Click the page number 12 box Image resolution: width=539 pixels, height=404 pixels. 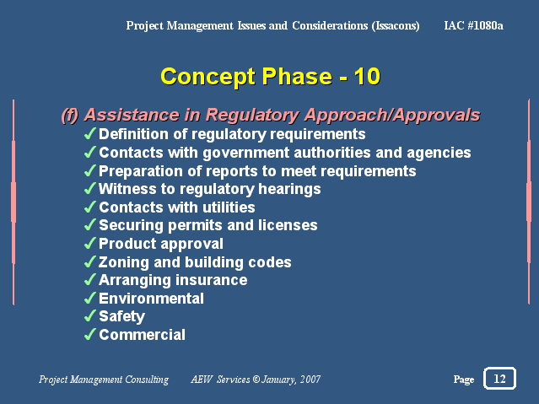tap(499, 378)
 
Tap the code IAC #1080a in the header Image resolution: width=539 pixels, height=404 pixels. tap(473, 25)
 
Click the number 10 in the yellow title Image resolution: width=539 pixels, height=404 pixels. tap(367, 76)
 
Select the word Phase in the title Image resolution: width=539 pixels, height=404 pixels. tap(297, 76)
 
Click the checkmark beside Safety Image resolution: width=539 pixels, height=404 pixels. tap(89, 315)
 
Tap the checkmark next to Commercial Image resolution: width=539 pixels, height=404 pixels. tap(89, 334)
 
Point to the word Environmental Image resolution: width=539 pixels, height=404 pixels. tap(151, 299)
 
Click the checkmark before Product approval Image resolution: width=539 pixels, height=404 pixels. tap(89, 243)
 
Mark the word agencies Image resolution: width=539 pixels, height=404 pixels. tap(439, 153)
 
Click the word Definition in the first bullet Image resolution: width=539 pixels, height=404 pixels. tap(134, 134)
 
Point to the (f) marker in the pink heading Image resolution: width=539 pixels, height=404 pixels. tap(70, 115)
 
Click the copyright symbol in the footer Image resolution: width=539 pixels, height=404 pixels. tap(256, 380)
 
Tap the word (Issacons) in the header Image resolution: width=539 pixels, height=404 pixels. tap(396, 26)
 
